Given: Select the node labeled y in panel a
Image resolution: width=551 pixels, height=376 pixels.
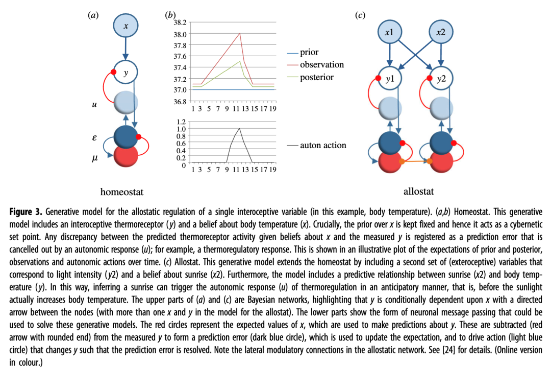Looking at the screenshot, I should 126,74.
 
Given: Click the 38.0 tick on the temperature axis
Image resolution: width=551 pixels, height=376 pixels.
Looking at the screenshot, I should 180,34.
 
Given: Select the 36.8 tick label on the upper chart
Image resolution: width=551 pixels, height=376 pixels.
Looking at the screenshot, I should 180,101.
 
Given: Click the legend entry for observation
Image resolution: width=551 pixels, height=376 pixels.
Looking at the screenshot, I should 321,65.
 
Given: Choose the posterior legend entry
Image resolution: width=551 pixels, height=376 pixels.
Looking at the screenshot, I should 316,77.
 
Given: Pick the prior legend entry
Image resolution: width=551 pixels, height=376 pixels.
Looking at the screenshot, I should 309,52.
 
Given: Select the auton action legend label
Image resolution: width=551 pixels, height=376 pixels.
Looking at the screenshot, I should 323,145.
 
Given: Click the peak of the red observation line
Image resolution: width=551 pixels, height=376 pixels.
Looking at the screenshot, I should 240,34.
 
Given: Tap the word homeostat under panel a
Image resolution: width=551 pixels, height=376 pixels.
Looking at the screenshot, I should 122,192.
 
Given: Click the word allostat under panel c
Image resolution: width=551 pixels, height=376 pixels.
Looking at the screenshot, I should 418,192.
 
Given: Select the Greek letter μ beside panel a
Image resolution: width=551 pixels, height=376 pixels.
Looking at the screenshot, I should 94,159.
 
